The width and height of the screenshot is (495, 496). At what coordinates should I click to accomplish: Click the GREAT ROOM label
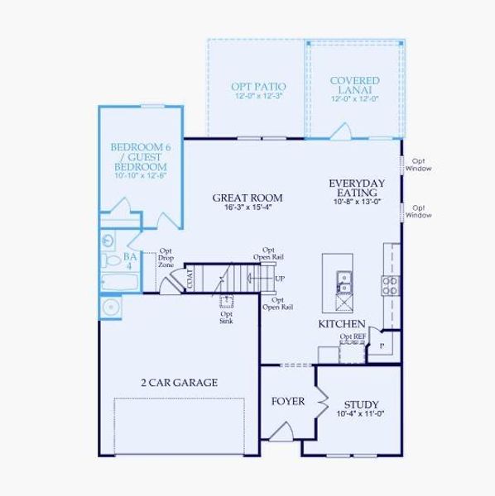[247, 198]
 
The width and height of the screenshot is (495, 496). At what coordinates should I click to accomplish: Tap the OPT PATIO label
[258, 86]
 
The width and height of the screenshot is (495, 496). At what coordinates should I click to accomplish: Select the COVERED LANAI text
[354, 85]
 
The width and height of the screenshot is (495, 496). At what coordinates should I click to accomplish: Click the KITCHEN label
[342, 324]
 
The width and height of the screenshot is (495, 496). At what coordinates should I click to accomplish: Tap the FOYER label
[288, 402]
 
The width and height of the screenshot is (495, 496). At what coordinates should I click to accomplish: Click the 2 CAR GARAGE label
[179, 382]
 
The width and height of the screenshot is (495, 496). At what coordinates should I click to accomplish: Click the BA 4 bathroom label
[130, 261]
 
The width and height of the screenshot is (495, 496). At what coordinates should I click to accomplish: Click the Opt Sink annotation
[226, 317]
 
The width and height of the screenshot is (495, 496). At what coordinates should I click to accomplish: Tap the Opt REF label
[352, 337]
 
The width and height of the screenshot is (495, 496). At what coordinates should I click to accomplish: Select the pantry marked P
[382, 345]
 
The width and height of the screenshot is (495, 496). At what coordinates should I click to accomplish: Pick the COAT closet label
[190, 279]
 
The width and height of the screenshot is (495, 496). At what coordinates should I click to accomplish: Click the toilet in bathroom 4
[112, 260]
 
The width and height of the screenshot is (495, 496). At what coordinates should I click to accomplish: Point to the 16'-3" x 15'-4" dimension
[247, 207]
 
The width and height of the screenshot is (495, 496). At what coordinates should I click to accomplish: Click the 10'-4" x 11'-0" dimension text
[361, 414]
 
